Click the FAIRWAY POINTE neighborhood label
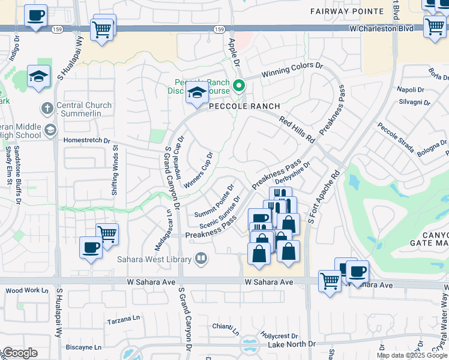point(346,11)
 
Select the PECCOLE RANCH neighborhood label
point(244,106)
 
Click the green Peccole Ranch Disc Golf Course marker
point(239,86)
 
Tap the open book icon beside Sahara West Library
point(202,259)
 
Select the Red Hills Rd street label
point(297,130)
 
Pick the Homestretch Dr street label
point(87,141)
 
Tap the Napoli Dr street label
point(411,89)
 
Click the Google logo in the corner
point(19,353)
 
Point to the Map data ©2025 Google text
point(412,355)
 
